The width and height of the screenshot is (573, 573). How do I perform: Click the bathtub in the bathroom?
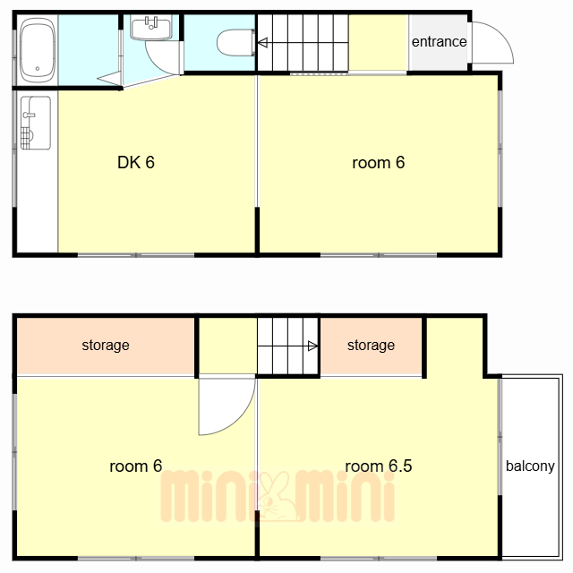(x=38, y=50)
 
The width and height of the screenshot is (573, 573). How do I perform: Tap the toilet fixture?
(x=236, y=43)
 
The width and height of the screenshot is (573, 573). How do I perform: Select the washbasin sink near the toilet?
(x=151, y=28)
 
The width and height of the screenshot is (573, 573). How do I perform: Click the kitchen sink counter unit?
(x=36, y=123)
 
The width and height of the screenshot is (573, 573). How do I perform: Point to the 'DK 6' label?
(x=136, y=163)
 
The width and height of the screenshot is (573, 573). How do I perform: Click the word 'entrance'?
(x=439, y=42)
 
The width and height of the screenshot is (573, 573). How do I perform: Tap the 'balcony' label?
(x=530, y=466)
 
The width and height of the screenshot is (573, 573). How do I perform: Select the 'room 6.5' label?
(x=378, y=466)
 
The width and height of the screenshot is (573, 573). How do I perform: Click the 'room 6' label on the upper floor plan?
(x=378, y=163)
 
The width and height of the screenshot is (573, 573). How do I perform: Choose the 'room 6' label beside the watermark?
(x=135, y=466)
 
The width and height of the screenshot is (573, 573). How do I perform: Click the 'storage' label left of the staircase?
(x=106, y=346)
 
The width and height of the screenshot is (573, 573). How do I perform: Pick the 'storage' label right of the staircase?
(x=371, y=346)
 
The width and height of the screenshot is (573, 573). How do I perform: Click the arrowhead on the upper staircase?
(x=262, y=42)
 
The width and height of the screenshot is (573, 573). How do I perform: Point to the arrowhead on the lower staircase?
(x=312, y=346)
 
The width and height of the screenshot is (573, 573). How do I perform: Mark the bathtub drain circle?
(x=38, y=68)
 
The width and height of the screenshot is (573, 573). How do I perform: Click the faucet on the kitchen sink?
(x=29, y=115)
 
